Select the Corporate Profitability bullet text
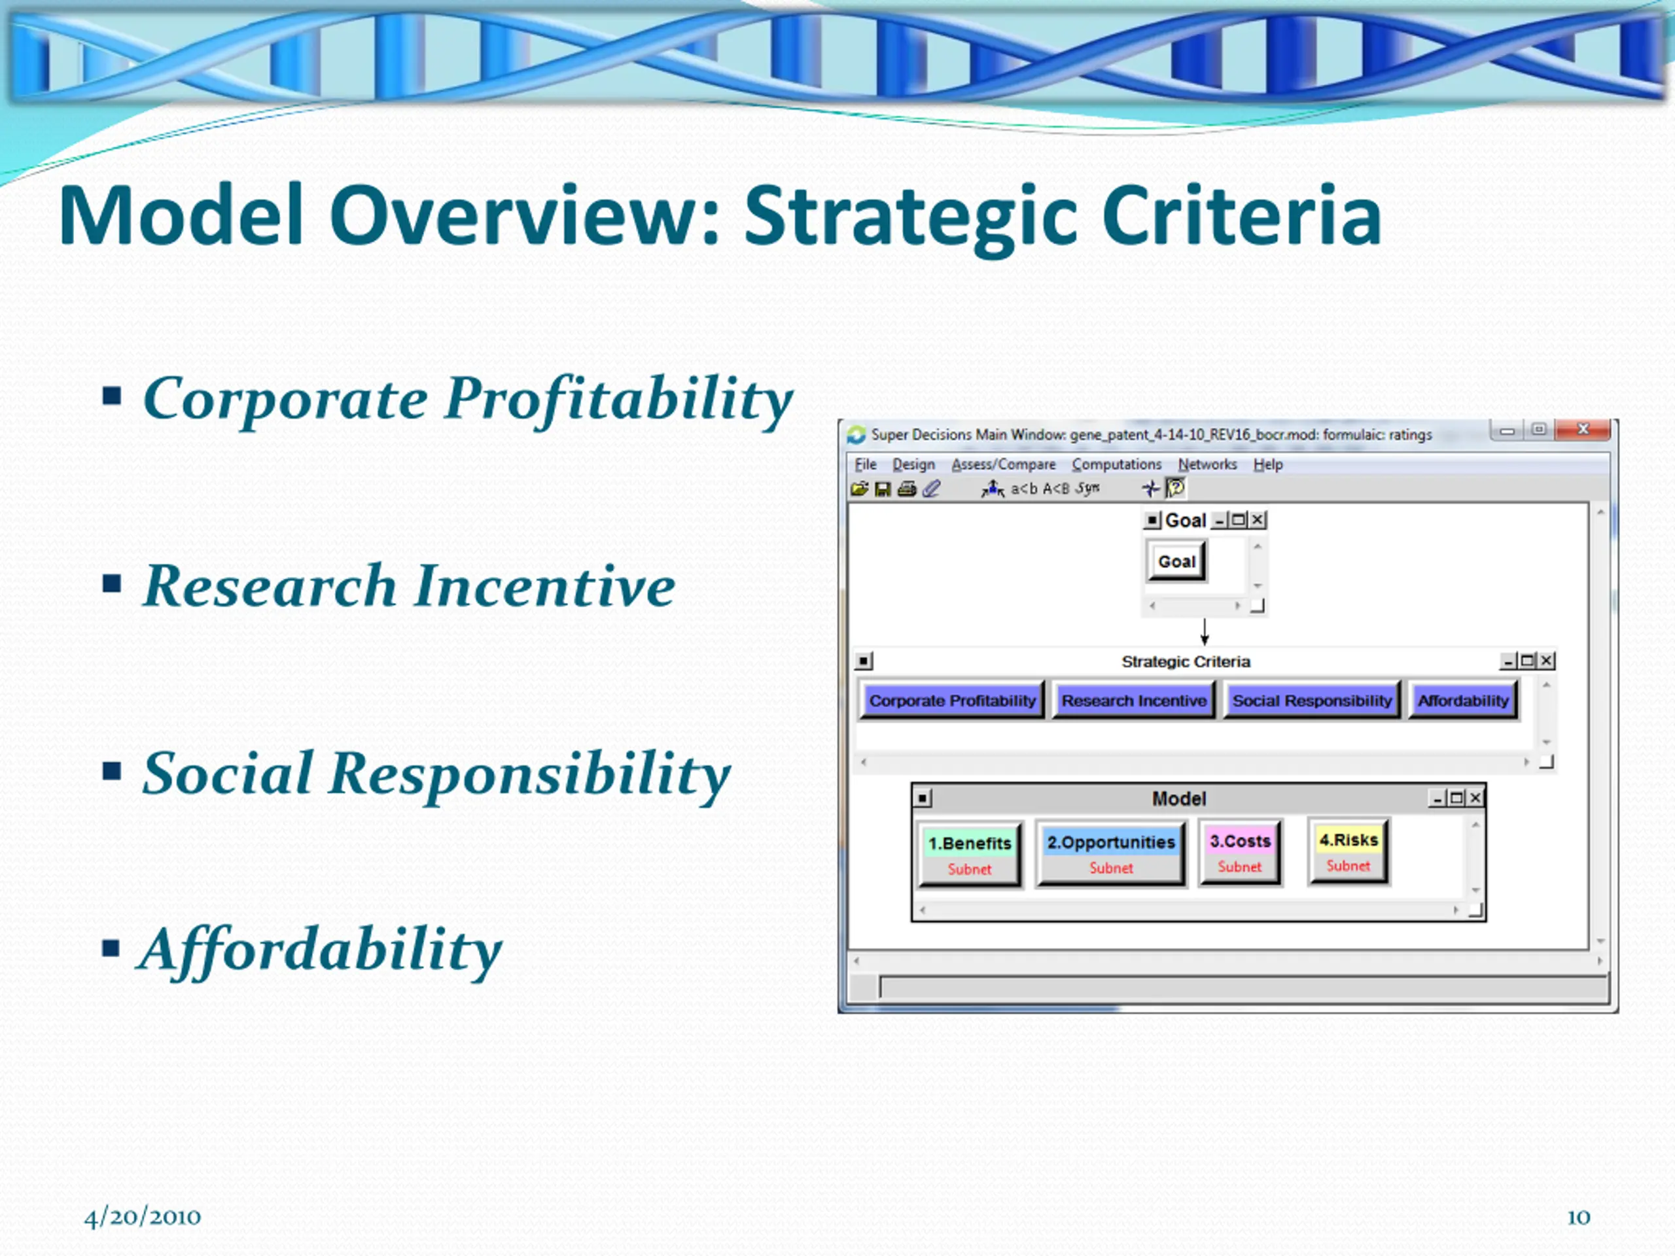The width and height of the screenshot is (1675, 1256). click(x=468, y=400)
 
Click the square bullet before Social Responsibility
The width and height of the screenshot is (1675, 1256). click(x=112, y=771)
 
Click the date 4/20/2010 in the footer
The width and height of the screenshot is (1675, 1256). click(x=143, y=1217)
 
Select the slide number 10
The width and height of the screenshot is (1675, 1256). click(x=1578, y=1217)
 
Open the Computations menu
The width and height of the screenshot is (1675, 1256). click(x=1116, y=464)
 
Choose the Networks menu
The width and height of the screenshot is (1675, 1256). click(x=1207, y=464)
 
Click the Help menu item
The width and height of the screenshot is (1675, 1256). click(x=1267, y=464)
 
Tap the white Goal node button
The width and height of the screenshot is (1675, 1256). click(x=1176, y=561)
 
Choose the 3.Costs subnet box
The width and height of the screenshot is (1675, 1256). click(x=1240, y=852)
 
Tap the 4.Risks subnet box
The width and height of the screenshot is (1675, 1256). click(x=1349, y=851)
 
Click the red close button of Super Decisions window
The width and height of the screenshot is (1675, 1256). click(x=1583, y=429)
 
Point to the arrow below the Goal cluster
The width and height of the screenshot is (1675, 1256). click(x=1204, y=631)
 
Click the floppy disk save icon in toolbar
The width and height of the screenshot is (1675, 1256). click(x=882, y=490)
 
